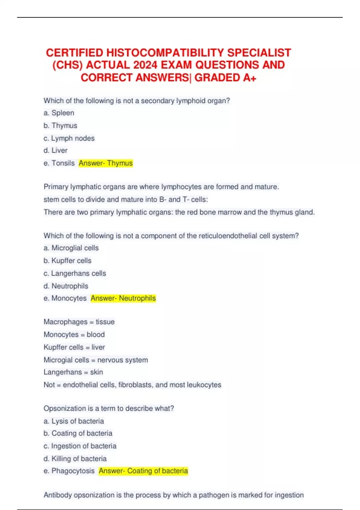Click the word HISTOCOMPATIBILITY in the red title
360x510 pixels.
coord(165,53)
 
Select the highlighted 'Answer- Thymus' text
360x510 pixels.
coord(106,163)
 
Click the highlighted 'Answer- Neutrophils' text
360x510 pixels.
coord(123,298)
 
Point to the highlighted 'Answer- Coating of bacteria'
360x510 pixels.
coord(143,471)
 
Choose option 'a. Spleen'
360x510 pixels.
coord(59,113)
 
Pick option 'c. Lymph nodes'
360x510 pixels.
coord(69,138)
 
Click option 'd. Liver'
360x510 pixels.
coord(55,150)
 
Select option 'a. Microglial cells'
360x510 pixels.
coord(71,248)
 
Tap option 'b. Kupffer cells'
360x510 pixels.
coord(67,261)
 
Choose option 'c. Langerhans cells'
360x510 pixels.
coord(75,273)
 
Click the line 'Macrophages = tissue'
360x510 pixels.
coord(79,322)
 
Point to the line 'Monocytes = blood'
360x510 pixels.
coord(74,334)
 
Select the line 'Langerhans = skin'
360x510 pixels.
coord(73,372)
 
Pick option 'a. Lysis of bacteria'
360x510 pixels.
coord(74,421)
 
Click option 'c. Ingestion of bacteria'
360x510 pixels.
coord(80,446)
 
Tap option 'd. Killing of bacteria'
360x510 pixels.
coord(75,459)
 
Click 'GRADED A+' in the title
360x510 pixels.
coord(225,78)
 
